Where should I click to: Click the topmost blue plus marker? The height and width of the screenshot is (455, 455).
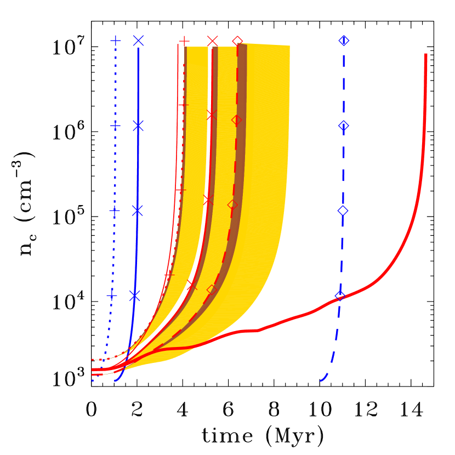(116, 41)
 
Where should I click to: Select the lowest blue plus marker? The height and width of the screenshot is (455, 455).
(112, 295)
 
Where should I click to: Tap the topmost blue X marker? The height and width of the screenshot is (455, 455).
(138, 41)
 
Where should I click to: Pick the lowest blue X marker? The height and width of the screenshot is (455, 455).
(134, 296)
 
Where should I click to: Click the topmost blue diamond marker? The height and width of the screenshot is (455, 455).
(344, 41)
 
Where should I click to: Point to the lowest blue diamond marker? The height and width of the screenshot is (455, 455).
(340, 296)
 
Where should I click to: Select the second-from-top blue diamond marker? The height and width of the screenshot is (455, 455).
(343, 126)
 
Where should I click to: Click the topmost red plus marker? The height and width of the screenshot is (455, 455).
(184, 41)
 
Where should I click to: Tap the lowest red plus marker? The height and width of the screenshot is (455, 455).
(169, 274)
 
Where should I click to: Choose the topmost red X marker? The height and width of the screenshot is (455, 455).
(213, 41)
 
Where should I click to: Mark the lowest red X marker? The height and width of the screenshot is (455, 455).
(191, 285)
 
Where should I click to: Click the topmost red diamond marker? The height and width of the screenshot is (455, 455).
(237, 41)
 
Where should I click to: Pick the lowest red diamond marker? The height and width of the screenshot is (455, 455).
(212, 289)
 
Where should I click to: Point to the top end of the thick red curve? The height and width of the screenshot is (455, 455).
(425, 54)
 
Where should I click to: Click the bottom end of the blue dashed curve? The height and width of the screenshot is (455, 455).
(321, 380)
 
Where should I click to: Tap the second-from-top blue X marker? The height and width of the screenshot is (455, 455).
(138, 126)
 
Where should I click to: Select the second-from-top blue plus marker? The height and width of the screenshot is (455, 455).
(115, 126)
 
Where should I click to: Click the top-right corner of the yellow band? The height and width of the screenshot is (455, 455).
(289, 46)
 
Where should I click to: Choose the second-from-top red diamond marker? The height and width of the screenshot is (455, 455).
(236, 120)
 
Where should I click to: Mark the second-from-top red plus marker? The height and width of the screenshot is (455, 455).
(183, 104)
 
